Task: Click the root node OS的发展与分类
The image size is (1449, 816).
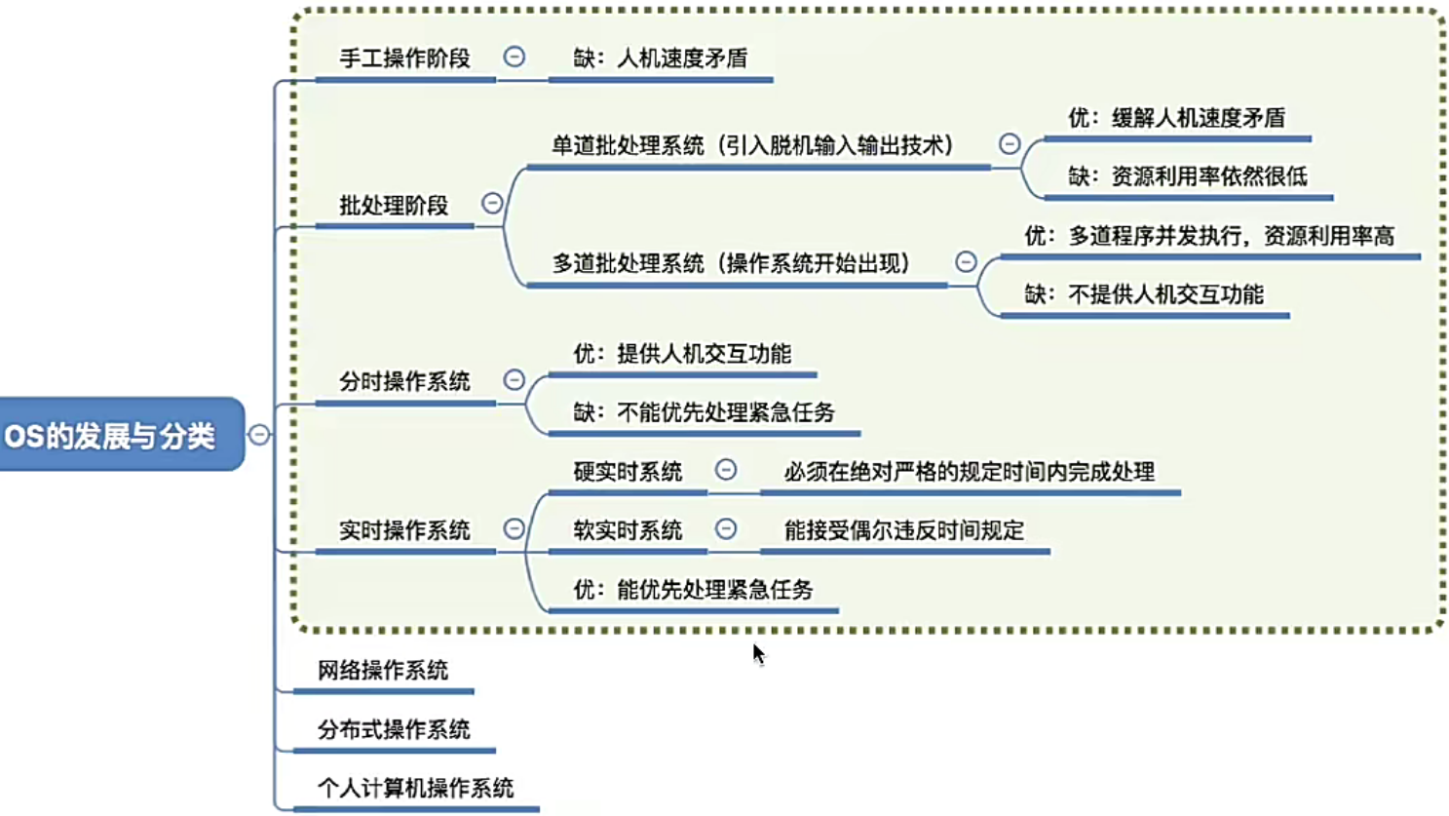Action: [x=110, y=435]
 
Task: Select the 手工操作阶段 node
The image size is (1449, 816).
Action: [x=404, y=58]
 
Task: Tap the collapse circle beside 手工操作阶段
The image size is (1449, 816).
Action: [x=515, y=57]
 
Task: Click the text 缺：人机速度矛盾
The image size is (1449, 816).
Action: [x=661, y=58]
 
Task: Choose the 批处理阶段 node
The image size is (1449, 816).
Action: [x=394, y=206]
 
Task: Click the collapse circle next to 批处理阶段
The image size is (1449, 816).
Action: [x=492, y=203]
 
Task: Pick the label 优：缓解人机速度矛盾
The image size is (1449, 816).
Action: [x=1176, y=118]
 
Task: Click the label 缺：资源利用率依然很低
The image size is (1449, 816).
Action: [x=1187, y=176]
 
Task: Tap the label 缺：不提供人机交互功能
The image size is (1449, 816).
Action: [x=1144, y=294]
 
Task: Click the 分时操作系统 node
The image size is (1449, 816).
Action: [x=404, y=382]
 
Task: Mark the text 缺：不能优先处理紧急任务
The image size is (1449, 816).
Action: [x=704, y=412]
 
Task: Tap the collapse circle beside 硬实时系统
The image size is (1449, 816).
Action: [x=726, y=470]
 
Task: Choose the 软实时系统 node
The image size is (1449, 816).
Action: [x=628, y=530]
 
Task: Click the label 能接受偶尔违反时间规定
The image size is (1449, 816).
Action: [x=904, y=530]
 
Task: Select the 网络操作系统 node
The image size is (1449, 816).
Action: [x=383, y=671]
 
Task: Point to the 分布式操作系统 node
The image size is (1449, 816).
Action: [x=394, y=729]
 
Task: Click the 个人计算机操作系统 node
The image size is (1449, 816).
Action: [x=415, y=788]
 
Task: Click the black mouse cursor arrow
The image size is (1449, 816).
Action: [x=758, y=653]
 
